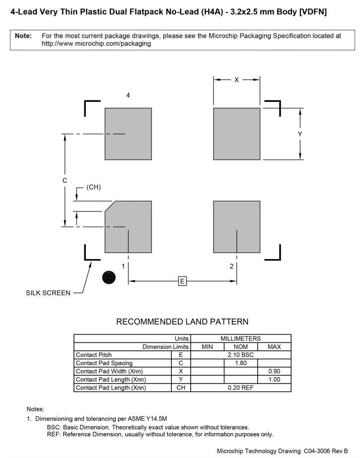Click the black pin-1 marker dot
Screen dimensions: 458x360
point(109,277)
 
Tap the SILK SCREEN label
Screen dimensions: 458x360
point(48,293)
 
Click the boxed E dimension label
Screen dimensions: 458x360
point(182,282)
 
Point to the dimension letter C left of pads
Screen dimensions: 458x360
point(65,181)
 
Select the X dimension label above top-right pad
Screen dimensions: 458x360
point(236,79)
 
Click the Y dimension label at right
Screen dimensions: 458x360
point(300,134)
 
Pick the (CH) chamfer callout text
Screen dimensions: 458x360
point(94,187)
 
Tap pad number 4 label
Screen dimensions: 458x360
point(128,95)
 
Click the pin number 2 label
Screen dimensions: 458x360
point(231,266)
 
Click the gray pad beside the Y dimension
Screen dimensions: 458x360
point(236,133)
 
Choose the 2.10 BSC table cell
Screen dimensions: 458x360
point(240,355)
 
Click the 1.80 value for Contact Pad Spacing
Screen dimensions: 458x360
point(240,363)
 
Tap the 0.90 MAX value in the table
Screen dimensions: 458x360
point(274,371)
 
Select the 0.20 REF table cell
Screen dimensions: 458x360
point(240,388)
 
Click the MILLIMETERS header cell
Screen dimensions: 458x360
point(240,338)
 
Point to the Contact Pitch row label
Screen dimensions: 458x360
point(94,355)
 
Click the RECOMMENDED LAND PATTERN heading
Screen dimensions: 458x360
point(182,322)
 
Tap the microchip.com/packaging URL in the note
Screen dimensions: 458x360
point(96,44)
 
